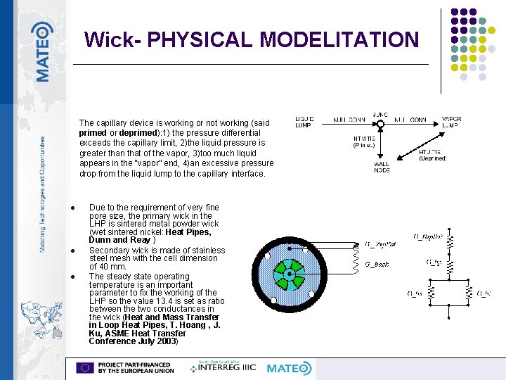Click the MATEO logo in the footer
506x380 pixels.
click(289, 368)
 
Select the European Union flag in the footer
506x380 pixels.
click(85, 368)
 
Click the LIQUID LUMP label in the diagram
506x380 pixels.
click(304, 122)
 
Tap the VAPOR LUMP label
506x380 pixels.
click(451, 122)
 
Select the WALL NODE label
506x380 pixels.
click(382, 167)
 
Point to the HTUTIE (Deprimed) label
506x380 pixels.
click(432, 156)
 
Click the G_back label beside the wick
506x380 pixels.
click(377, 264)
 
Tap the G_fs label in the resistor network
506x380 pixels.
click(415, 293)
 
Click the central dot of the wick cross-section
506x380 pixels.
click(289, 271)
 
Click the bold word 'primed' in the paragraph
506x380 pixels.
click(93, 132)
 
